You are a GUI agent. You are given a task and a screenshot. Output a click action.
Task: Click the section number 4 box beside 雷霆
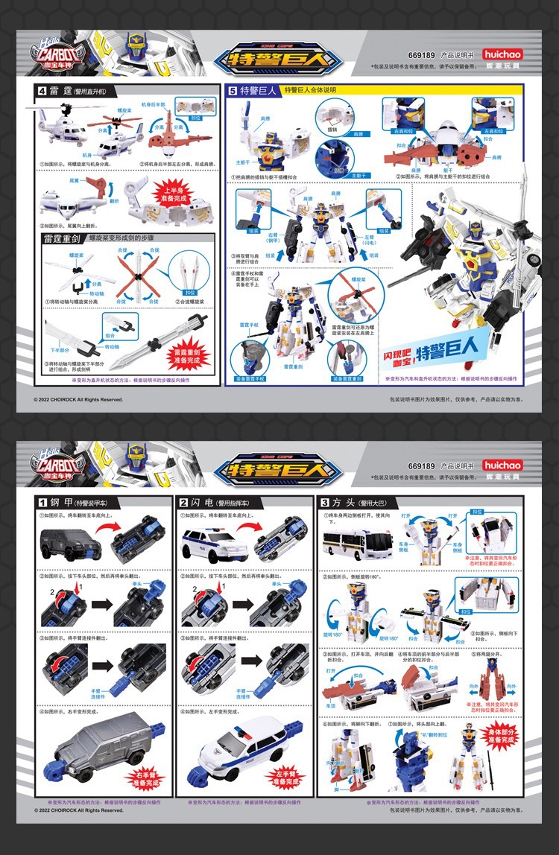[x=43, y=91]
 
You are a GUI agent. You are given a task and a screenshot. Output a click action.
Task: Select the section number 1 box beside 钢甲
[x=44, y=502]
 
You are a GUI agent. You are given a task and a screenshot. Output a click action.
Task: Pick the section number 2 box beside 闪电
[x=184, y=502]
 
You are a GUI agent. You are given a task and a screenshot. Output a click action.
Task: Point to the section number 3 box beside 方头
[x=324, y=502]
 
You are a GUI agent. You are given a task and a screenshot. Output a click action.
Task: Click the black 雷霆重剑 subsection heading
[x=62, y=239]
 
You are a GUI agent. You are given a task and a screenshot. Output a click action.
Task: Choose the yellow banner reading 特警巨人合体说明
[x=320, y=90]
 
